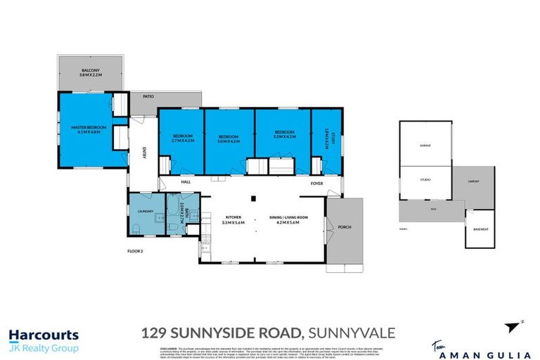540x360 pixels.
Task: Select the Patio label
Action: tap(148, 96)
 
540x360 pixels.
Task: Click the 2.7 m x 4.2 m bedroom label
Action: tap(181, 138)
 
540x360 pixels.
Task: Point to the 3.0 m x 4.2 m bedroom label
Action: tap(229, 138)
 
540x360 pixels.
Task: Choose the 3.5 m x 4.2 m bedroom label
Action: tap(284, 134)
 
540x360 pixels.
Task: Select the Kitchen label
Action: tap(234, 219)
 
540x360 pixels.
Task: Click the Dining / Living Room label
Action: tap(290, 219)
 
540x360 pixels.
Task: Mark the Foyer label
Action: tap(317, 183)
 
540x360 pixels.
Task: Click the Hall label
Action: tap(186, 181)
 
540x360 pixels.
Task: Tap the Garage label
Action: tap(425, 146)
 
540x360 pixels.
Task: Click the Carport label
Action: tap(474, 181)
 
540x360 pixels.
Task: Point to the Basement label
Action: tap(480, 229)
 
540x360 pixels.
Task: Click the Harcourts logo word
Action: tap(44, 335)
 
